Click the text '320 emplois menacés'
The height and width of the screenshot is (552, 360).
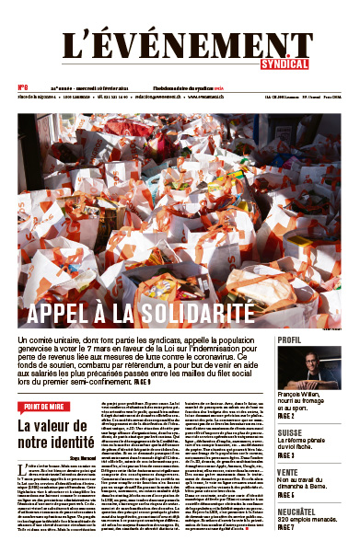(308, 519)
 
